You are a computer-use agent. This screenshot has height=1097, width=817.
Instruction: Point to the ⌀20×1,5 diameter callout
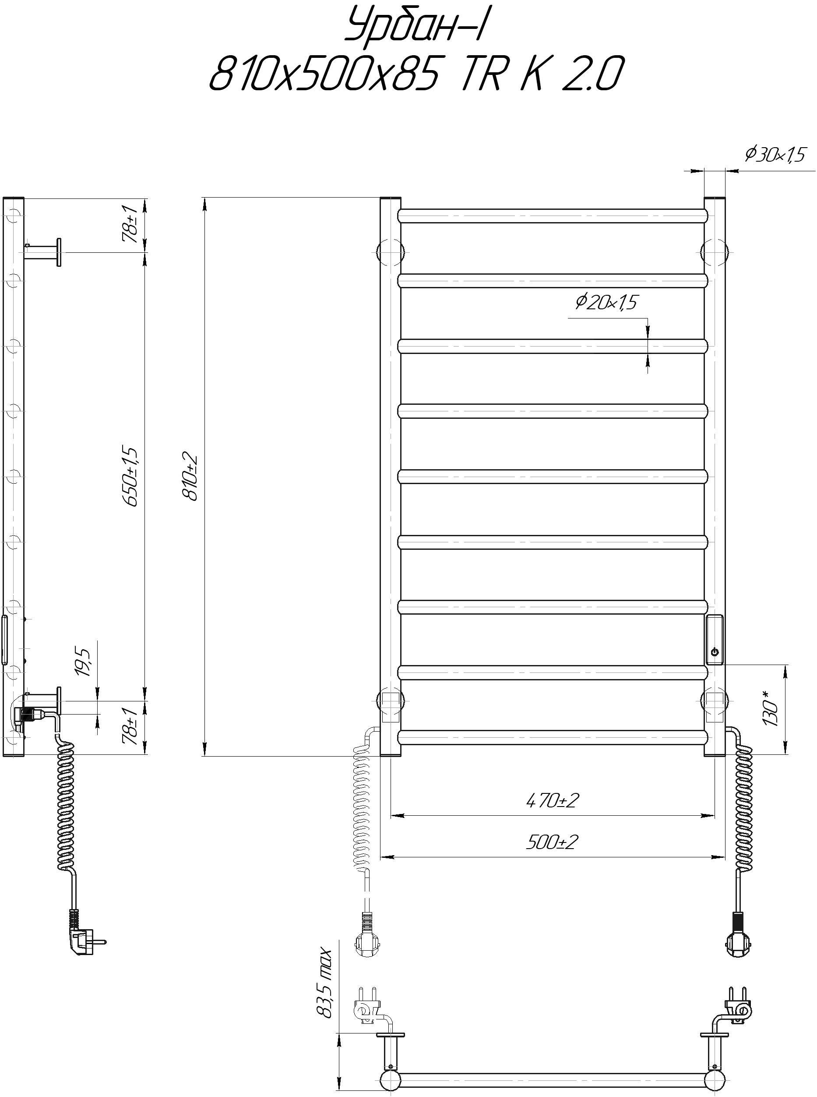tap(607, 302)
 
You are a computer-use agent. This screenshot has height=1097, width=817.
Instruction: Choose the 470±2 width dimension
tap(552, 800)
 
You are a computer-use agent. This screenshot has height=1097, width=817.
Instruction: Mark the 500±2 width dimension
tap(552, 842)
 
